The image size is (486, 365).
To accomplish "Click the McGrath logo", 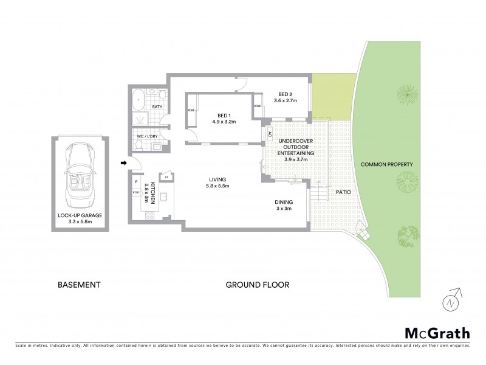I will point(437,333).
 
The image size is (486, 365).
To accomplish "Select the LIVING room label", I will point(217,179).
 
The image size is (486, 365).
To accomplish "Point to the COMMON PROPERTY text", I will point(387,164).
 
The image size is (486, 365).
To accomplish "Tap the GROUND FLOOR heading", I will point(257,285).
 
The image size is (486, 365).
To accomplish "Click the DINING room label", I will point(283,202).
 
